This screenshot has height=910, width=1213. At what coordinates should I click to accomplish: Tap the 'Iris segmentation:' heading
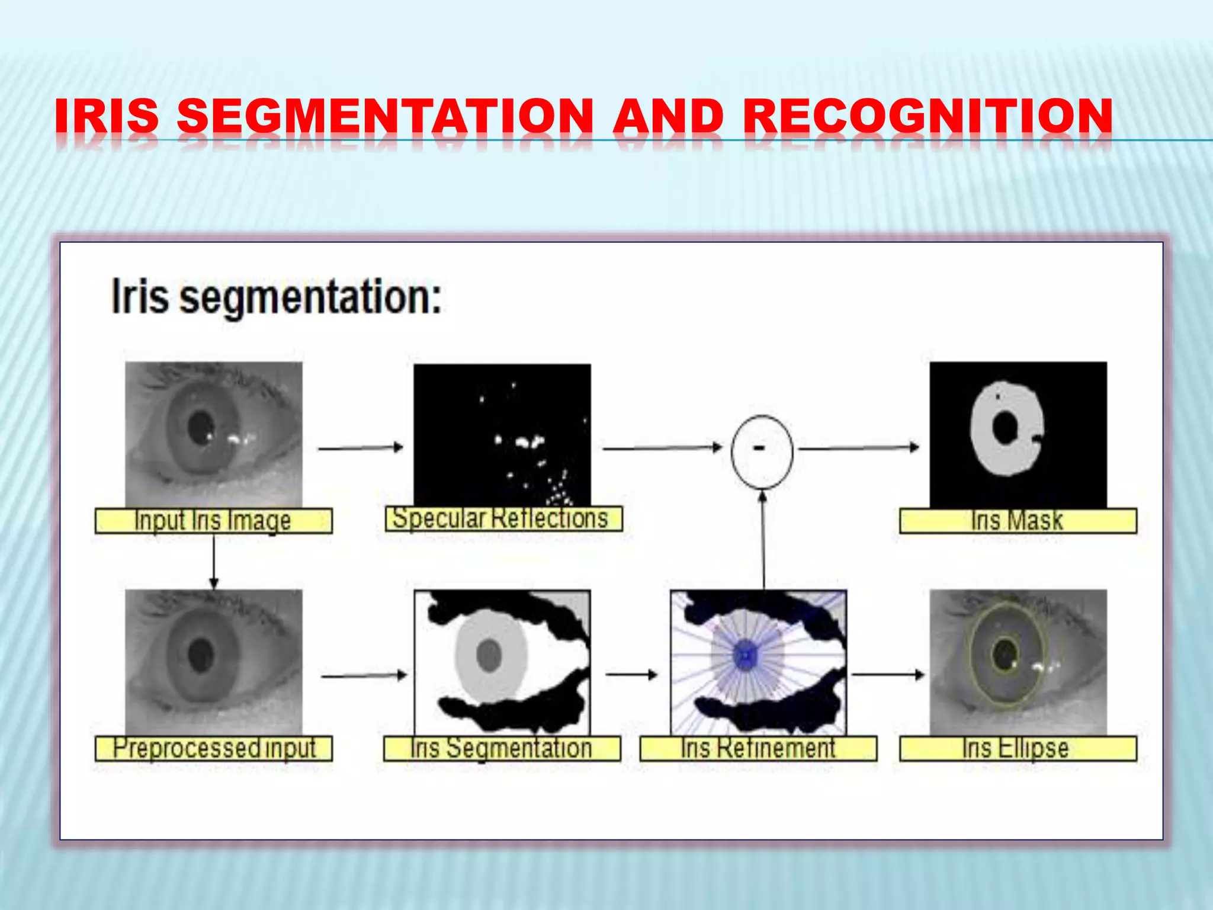coord(277,297)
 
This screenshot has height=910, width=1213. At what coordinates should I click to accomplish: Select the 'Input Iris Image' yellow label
coord(213,521)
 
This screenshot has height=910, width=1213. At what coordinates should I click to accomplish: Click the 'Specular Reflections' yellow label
coord(503,519)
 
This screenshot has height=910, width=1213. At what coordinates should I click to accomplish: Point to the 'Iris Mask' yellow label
coord(1018,521)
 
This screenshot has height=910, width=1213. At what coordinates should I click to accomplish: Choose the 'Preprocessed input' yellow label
coord(213,748)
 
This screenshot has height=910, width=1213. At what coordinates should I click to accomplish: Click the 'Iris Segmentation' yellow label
coord(502,748)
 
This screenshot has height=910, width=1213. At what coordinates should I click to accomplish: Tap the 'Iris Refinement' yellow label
coord(758,748)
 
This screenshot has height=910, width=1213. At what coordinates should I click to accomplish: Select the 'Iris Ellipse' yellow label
coord(1018,748)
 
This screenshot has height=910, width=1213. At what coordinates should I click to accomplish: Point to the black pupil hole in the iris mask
coord(1005,428)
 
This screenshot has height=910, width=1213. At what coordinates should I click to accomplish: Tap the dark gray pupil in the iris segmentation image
coord(489,655)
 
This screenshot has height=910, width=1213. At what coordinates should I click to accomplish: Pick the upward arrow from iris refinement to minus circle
coord(763,539)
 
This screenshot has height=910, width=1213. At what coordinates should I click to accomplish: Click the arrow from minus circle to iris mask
coord(859,448)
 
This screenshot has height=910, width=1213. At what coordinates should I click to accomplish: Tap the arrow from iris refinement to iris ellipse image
coord(887,674)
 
